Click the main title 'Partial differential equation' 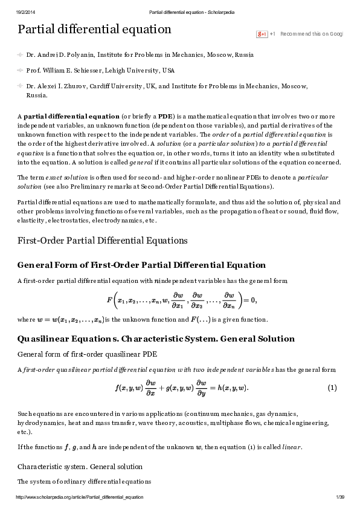(94, 29)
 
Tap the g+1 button (262, 34)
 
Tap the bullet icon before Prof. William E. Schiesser (21, 70)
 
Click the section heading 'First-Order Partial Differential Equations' (103, 241)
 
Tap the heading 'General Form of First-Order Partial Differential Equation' (141, 265)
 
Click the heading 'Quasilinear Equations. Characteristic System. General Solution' (156, 339)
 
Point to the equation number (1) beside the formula (332, 387)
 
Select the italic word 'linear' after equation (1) (292, 447)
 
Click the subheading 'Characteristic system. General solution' (80, 467)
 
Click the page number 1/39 (339, 497)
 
